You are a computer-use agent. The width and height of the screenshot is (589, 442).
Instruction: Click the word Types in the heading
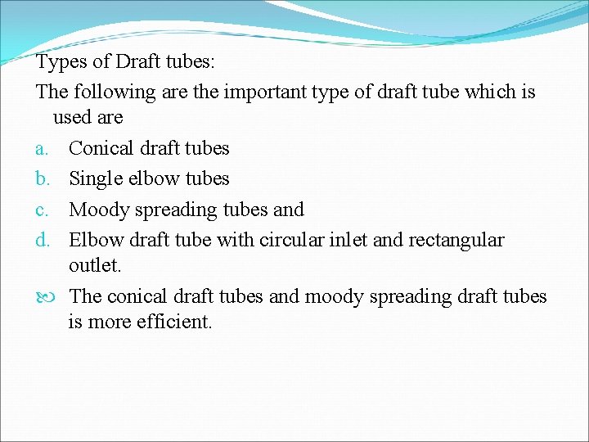58,62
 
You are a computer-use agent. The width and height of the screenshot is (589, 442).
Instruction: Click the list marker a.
41,149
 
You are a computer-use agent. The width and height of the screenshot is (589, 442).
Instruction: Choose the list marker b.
42,178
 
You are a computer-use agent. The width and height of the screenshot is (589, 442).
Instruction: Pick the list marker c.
41,210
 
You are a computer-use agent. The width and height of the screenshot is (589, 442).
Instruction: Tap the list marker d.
42,240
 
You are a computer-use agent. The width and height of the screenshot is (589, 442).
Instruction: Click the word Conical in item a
101,148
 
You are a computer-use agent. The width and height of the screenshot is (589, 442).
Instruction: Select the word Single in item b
96,178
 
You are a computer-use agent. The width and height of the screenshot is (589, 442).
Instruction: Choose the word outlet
95,266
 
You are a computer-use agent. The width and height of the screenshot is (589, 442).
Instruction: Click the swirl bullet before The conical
43,296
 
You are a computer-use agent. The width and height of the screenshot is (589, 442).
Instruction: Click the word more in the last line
106,322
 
